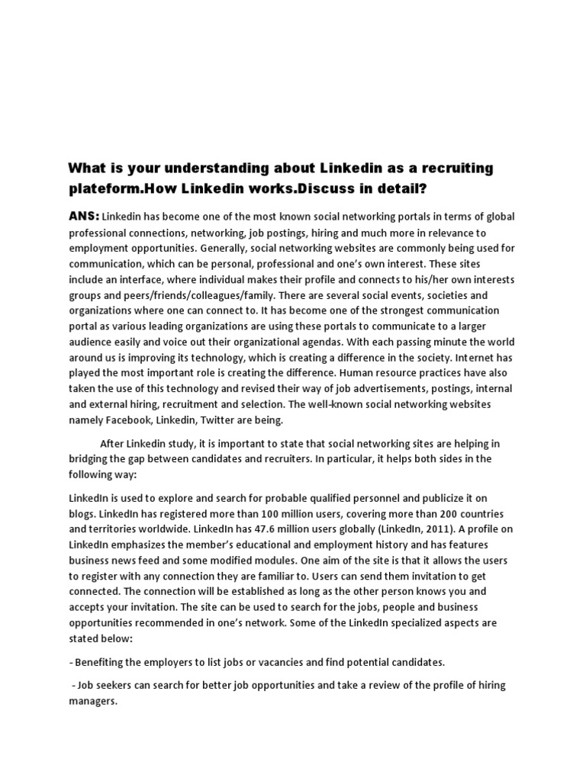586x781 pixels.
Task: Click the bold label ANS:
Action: [x=84, y=217]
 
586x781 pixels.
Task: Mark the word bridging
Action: [x=91, y=458]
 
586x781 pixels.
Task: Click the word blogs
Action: [x=82, y=513]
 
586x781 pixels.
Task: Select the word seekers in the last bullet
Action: [x=114, y=685]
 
